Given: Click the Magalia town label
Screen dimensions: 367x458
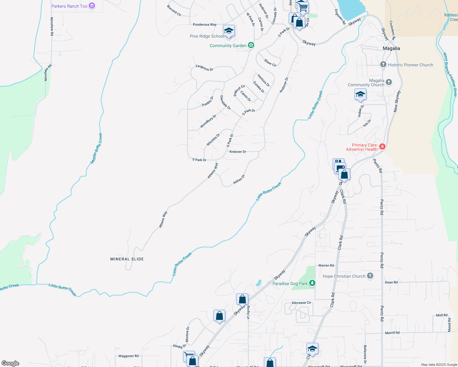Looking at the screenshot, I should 391,48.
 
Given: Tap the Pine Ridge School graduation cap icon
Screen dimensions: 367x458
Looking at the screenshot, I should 229,31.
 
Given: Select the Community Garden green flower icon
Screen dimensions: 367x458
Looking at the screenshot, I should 251,45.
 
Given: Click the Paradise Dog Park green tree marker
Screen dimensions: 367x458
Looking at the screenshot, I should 312,283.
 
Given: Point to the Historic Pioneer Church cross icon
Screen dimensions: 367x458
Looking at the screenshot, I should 383,65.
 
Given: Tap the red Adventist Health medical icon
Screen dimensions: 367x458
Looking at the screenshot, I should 382,147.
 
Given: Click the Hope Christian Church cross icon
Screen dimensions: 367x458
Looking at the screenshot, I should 370,276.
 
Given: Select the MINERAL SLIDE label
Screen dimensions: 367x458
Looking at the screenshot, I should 127,259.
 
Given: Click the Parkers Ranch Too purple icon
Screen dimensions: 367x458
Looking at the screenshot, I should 92,6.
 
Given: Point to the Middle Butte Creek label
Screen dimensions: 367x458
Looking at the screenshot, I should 96,148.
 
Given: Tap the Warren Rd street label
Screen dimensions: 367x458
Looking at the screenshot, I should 326,265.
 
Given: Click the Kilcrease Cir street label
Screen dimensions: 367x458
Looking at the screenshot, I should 301,303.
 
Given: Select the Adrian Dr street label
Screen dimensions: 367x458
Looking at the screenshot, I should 239,179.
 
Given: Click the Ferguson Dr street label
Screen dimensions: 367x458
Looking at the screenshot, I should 204,68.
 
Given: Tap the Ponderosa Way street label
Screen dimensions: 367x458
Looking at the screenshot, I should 205,24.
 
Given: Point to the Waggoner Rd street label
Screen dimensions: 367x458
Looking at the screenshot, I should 128,356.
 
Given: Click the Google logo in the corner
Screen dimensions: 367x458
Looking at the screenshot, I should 10,363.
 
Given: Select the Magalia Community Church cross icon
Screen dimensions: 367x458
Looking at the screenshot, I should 389,82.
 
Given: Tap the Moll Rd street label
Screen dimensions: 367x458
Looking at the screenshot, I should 441,315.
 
